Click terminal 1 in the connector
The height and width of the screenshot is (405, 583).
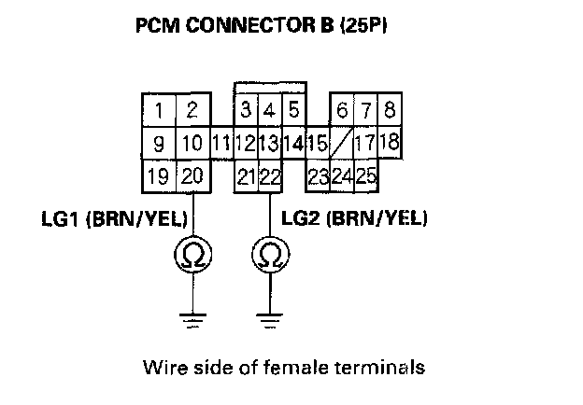click(x=160, y=111)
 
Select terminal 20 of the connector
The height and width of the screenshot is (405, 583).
click(x=192, y=176)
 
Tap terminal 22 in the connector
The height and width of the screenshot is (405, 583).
click(x=270, y=176)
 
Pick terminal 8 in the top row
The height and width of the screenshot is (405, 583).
click(x=389, y=111)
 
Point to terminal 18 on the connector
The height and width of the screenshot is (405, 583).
click(x=391, y=143)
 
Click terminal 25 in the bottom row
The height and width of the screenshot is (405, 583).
click(x=365, y=176)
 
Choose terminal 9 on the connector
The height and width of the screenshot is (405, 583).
click(x=160, y=145)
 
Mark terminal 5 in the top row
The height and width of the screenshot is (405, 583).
click(x=293, y=111)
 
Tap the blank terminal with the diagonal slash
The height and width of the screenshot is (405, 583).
click(x=342, y=145)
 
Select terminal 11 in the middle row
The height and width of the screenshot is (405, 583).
click(x=221, y=145)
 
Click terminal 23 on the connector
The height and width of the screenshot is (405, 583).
click(x=318, y=176)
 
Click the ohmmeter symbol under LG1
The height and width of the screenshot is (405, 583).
click(x=193, y=255)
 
